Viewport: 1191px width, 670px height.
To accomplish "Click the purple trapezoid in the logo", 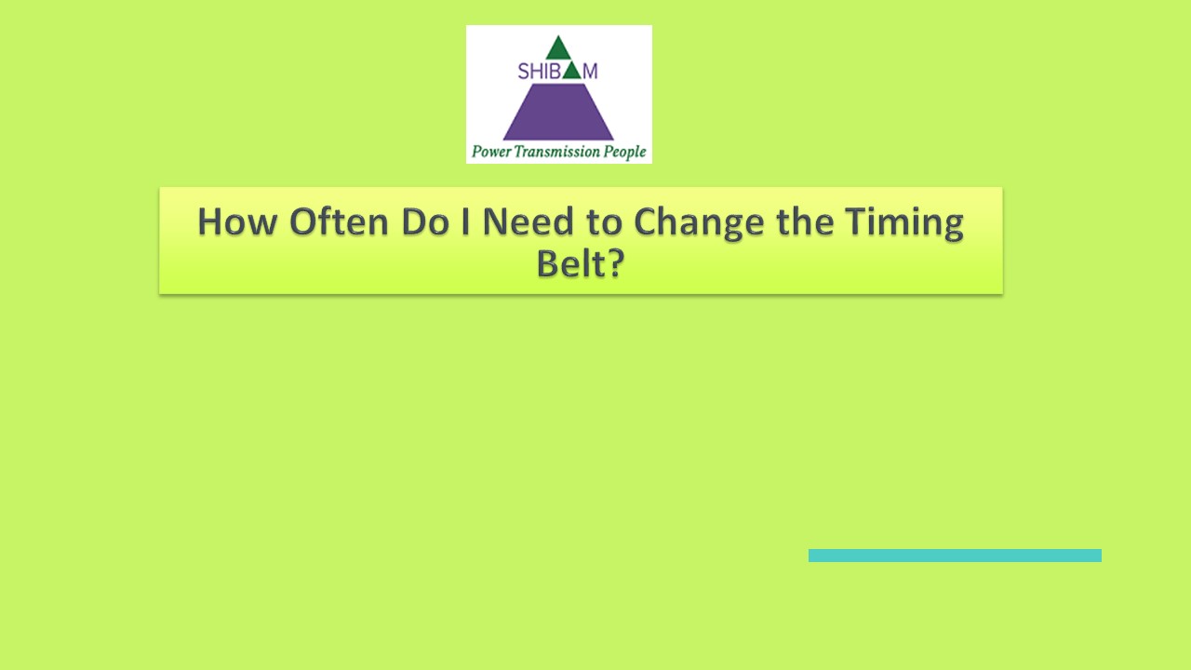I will pyautogui.click(x=558, y=113).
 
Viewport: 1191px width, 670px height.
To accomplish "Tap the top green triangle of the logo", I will pyautogui.click(x=558, y=49).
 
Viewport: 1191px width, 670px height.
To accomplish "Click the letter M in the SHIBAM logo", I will pyautogui.click(x=590, y=72).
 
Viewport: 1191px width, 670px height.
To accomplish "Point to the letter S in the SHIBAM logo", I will pyautogui.click(x=523, y=72).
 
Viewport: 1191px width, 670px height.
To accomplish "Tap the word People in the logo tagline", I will pyautogui.click(x=624, y=152).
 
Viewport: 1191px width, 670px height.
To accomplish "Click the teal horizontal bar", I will pyautogui.click(x=955, y=556).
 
